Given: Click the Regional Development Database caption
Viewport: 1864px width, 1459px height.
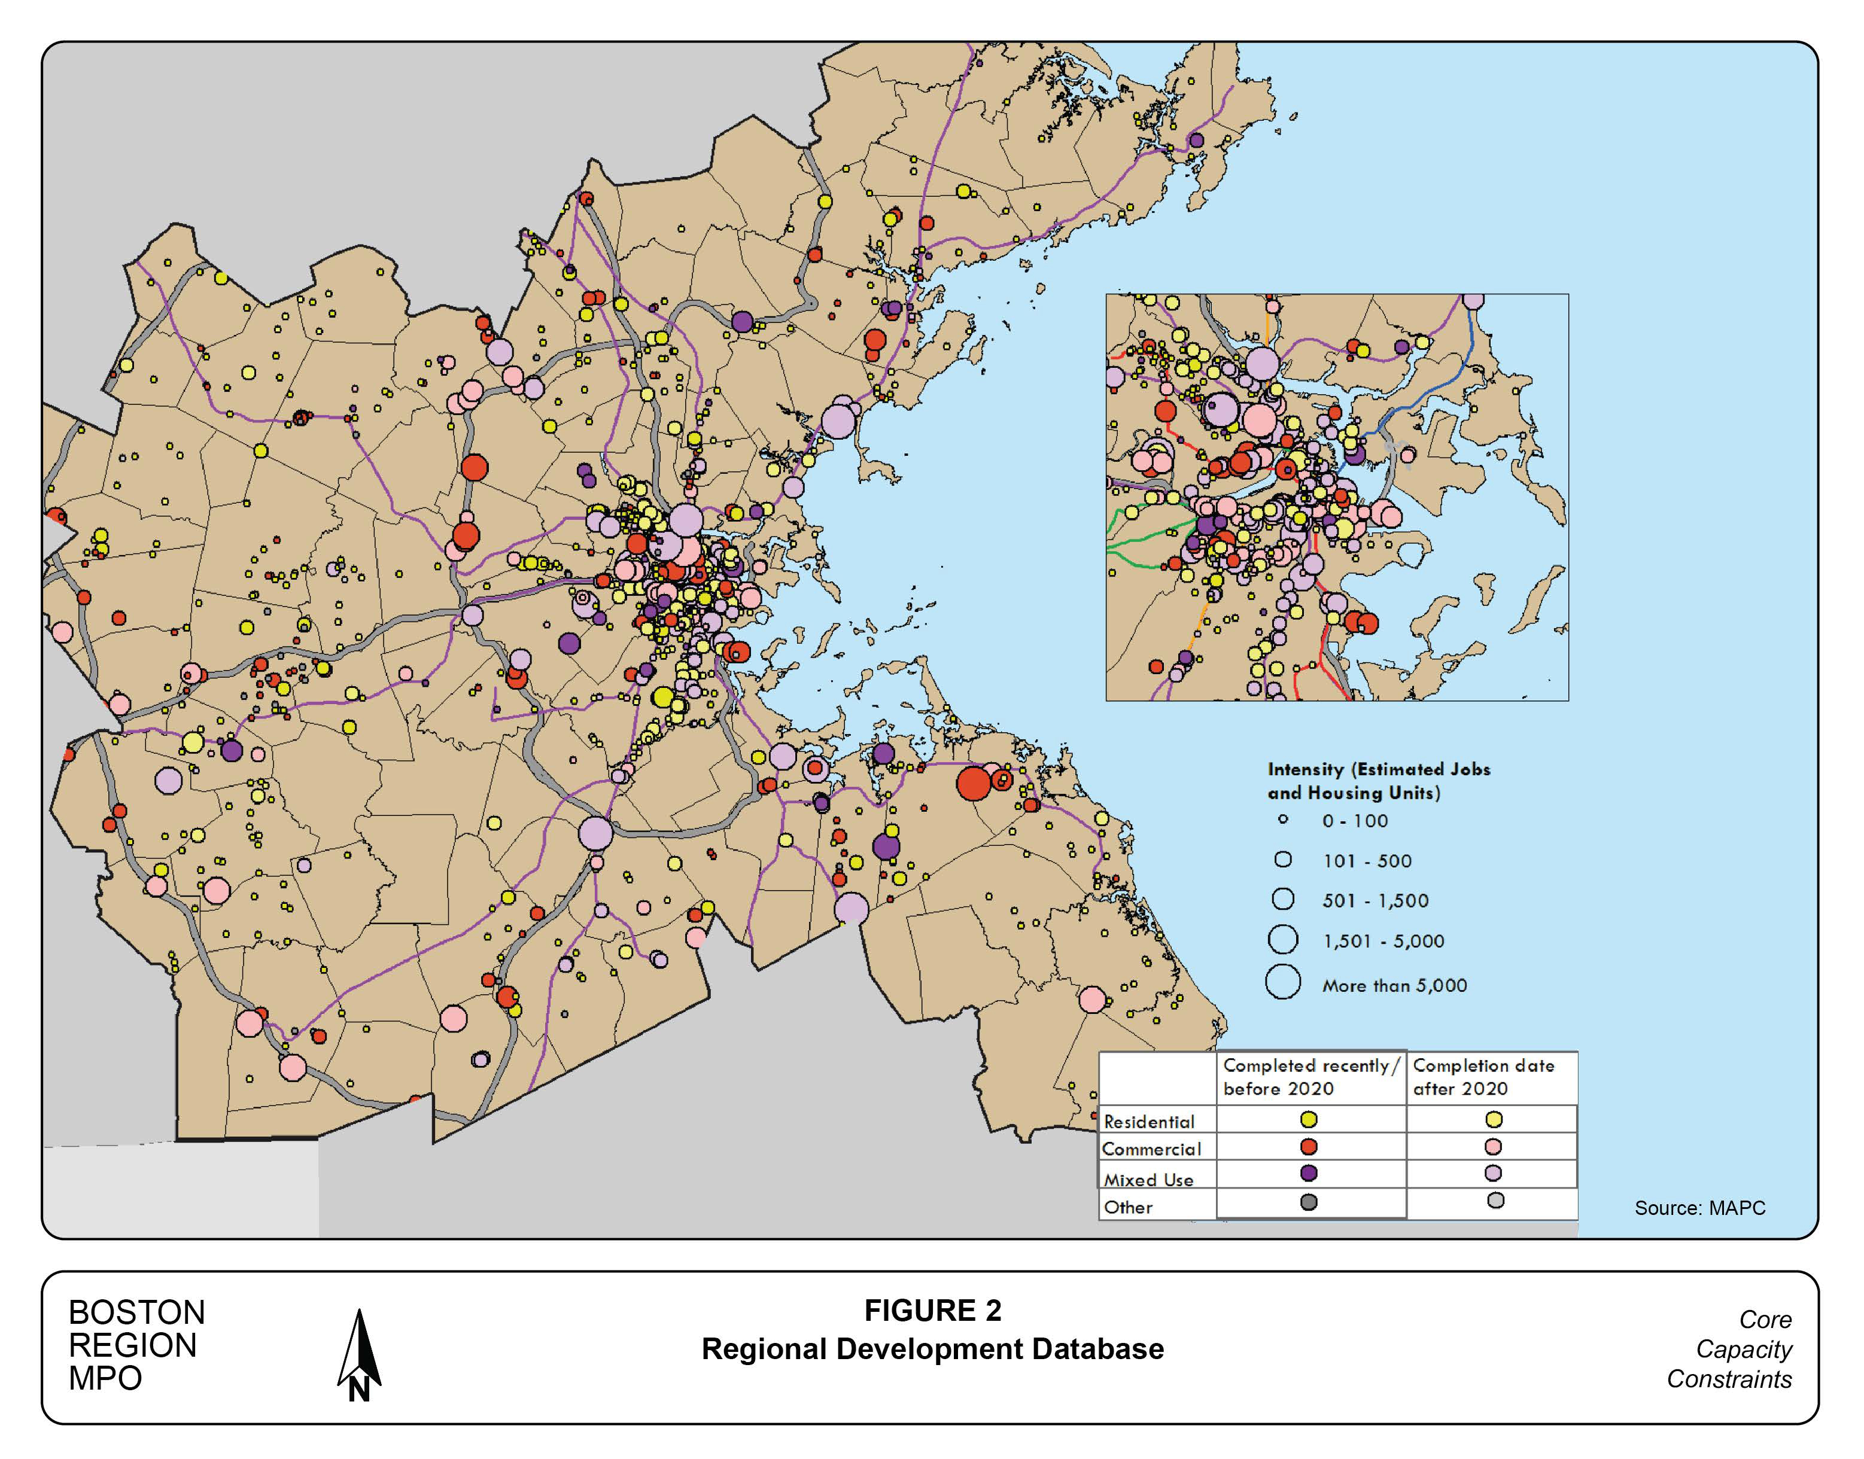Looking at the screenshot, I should point(932,1349).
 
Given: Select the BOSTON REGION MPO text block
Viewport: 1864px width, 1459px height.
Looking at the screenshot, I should point(136,1345).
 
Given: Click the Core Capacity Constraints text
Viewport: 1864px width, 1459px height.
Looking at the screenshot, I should point(1730,1350).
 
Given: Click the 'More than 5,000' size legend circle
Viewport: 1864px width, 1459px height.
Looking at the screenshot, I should point(1282,982).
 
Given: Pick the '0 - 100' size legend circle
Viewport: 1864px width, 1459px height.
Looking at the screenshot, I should point(1282,819).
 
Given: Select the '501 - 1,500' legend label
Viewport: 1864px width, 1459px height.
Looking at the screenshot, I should point(1375,900).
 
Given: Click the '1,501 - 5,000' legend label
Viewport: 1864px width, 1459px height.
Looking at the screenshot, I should point(1383,942).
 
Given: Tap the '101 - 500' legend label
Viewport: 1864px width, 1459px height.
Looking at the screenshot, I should point(1367,861).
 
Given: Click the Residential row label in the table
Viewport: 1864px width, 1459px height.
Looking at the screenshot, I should point(1149,1122).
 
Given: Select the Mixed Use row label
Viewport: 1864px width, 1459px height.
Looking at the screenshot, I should point(1148,1180).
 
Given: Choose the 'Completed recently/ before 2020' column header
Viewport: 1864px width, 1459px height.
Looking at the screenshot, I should point(1310,1077).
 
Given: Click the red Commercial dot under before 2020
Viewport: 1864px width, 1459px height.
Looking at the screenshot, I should point(1308,1146).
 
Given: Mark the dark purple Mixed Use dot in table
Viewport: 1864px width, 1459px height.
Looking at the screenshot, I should point(1308,1174).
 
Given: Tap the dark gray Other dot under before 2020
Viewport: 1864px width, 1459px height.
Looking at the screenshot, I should point(1308,1202).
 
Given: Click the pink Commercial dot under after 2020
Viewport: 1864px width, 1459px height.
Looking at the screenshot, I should point(1493,1146).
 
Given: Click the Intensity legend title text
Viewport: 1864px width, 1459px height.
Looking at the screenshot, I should point(1378,781).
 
